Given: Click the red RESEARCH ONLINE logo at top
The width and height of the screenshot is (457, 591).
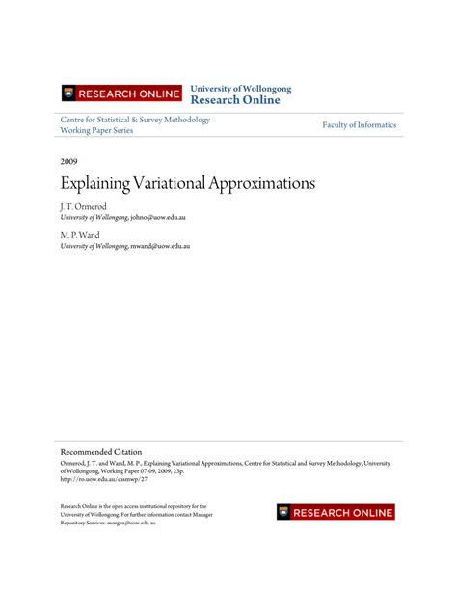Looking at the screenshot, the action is click(121, 94).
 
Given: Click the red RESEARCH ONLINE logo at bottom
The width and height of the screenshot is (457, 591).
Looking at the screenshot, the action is click(336, 512).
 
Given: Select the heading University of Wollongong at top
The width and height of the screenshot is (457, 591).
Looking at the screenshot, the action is click(240, 89).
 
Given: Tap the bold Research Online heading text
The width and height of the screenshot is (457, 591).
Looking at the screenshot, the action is click(235, 100).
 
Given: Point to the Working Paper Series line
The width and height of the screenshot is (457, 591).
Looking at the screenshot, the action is click(96, 131).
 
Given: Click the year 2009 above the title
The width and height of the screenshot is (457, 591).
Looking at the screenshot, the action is click(70, 162).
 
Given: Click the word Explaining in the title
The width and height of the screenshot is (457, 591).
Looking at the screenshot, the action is click(95, 183).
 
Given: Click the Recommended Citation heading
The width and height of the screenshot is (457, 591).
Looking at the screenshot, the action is click(101, 451).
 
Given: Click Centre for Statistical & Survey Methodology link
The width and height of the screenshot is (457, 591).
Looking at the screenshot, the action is click(135, 120).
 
